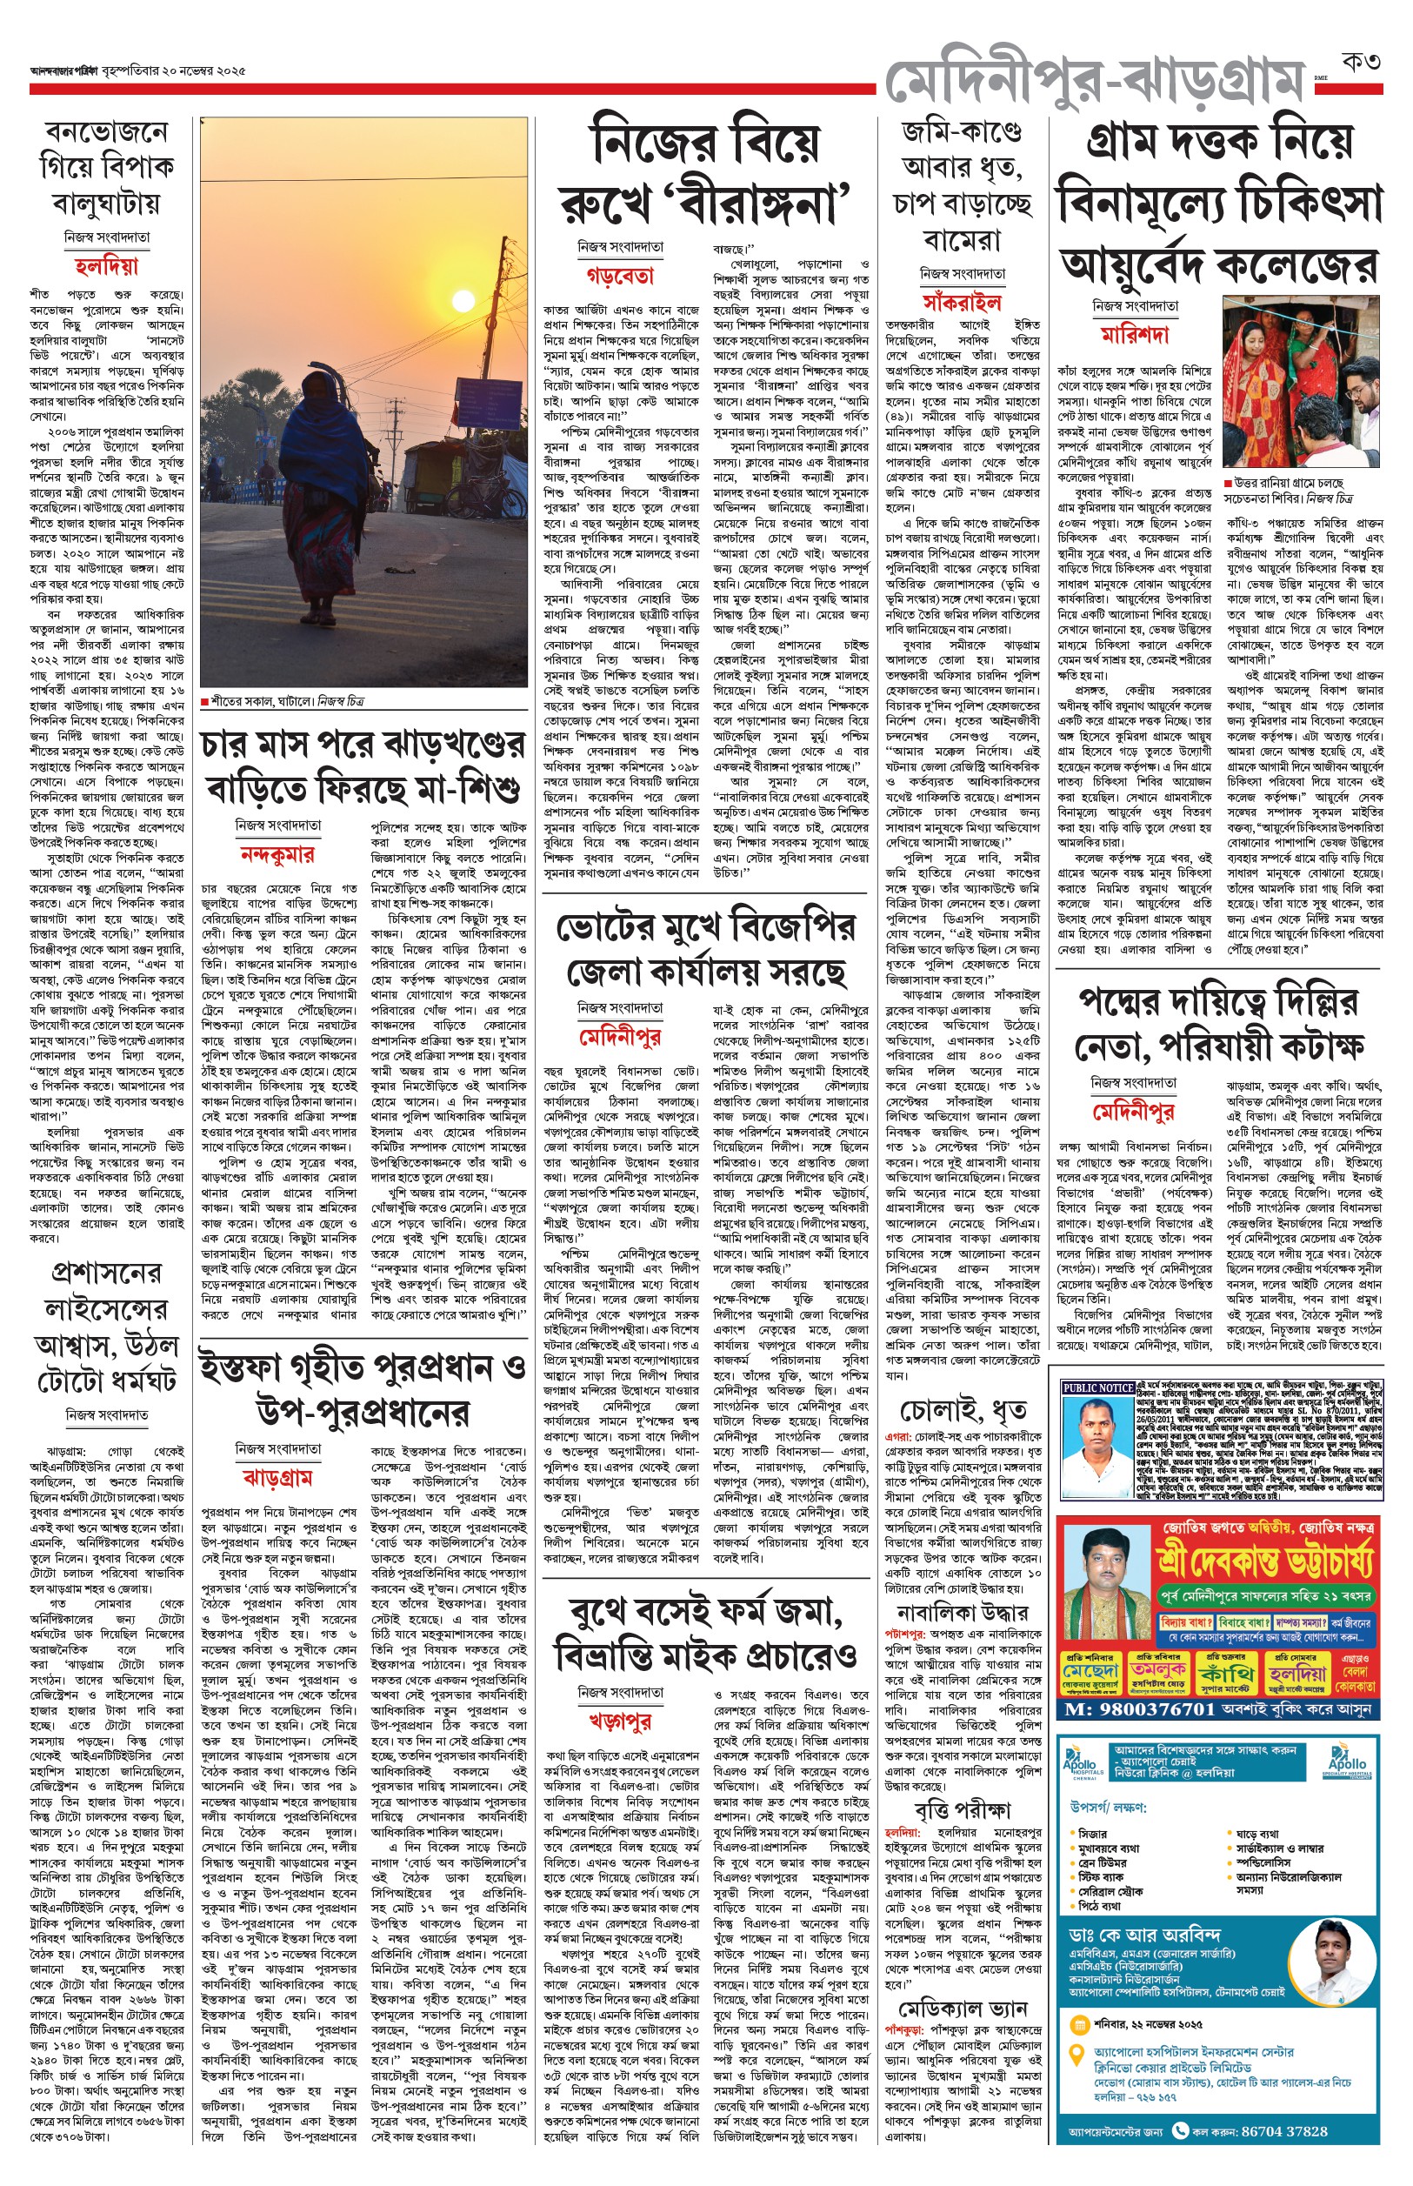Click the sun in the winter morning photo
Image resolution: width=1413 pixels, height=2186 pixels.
tap(463, 300)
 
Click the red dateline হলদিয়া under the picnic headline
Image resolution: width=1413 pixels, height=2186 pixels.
tap(106, 267)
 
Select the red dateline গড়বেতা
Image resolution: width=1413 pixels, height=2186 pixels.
tap(620, 275)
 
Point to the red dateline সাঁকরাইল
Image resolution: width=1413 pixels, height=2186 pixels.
tap(962, 302)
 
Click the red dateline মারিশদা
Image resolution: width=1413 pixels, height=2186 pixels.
tap(1135, 334)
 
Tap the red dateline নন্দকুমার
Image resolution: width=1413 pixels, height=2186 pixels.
tap(277, 854)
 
